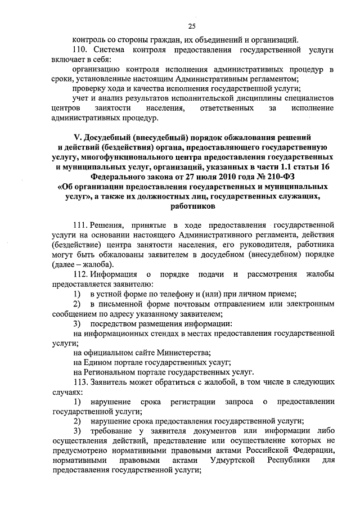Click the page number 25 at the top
tap(191, 26)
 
